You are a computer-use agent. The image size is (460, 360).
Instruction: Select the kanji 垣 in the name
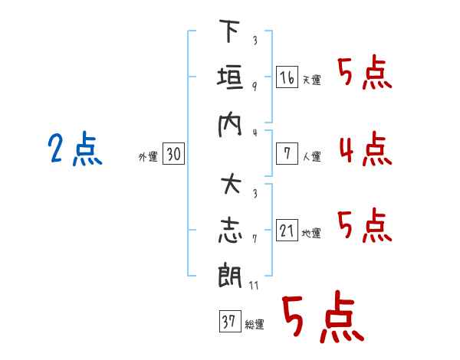pyautogui.click(x=230, y=79)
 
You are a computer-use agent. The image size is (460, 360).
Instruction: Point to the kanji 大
pyautogui.click(x=230, y=186)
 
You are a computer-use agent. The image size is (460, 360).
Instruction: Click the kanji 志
pyautogui.click(x=230, y=231)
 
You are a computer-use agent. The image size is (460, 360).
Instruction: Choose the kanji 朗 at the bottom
pyautogui.click(x=230, y=275)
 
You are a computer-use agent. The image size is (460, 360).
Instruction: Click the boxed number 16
pyautogui.click(x=287, y=77)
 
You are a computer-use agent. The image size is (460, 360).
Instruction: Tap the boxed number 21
pyautogui.click(x=287, y=231)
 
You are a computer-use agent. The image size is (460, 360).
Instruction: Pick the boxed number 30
pyautogui.click(x=173, y=155)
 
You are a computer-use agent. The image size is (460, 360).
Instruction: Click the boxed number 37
pyautogui.click(x=228, y=322)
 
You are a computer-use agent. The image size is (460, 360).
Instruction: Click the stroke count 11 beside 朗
pyautogui.click(x=254, y=285)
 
